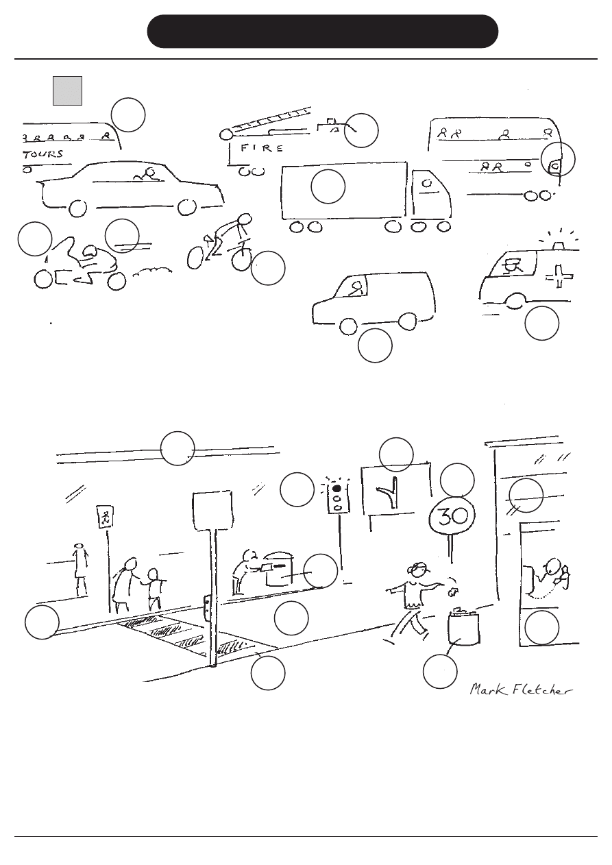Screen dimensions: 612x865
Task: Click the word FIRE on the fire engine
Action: (262, 148)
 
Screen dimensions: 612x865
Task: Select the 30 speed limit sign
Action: (452, 516)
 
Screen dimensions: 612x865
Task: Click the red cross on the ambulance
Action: (559, 276)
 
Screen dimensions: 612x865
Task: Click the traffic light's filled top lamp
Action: (336, 488)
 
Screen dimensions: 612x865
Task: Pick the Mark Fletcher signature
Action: (521, 690)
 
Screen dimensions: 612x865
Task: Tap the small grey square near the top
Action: (68, 90)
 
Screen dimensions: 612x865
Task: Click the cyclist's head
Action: (245, 219)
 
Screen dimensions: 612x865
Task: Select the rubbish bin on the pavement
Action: (463, 626)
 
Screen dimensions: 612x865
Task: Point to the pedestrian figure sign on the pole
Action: (105, 516)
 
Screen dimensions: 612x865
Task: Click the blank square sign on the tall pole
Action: (212, 511)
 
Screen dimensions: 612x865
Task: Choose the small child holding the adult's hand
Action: (154, 589)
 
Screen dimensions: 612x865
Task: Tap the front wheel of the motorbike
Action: (43, 280)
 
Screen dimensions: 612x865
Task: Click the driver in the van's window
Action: (356, 288)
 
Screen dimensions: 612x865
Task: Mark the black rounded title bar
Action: (322, 32)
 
